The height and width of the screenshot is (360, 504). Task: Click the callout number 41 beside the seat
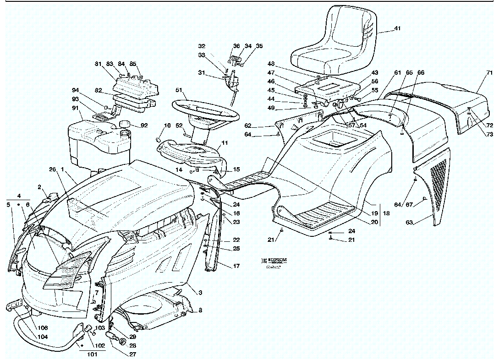click(x=397, y=28)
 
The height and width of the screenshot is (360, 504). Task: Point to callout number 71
click(x=489, y=72)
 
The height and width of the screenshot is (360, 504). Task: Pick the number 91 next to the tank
click(x=75, y=108)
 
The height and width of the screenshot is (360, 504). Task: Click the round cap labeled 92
click(x=124, y=124)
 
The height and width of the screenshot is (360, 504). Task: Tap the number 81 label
click(x=98, y=64)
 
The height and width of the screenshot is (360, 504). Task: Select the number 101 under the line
click(x=92, y=354)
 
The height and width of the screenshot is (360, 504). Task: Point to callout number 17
click(x=236, y=266)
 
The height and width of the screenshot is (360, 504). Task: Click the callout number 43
click(x=375, y=73)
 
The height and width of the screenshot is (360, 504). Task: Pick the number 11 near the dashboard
click(x=225, y=143)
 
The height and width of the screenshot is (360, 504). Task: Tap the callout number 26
click(x=52, y=169)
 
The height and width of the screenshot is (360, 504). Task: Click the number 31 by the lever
click(x=202, y=73)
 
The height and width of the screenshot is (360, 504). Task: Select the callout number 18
click(x=386, y=213)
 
